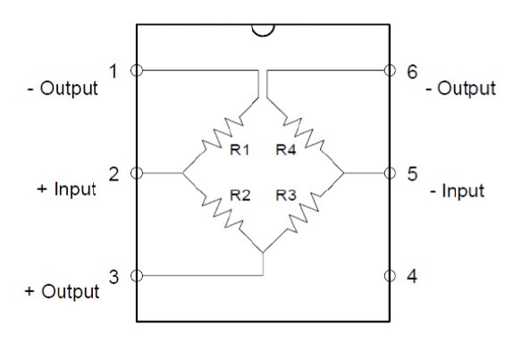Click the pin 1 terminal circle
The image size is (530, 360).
pos(137,71)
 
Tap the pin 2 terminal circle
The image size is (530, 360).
pos(137,173)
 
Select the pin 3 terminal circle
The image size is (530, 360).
pos(137,275)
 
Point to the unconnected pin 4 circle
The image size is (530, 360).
pos(390,275)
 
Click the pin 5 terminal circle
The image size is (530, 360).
pos(390,173)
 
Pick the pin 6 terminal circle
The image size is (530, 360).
pos(390,71)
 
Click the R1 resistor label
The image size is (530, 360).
pos(240,149)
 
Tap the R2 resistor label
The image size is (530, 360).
pos(240,196)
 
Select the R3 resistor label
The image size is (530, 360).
pos(286,196)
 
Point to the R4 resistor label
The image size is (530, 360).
pos(286,149)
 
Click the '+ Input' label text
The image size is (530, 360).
pos(67,189)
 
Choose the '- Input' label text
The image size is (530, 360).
pos(458,191)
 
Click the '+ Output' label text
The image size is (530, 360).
pos(63,291)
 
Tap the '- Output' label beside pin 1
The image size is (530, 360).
pos(63,88)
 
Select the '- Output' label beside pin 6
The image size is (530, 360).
pos(461,88)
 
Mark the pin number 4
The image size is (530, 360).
pos(412,276)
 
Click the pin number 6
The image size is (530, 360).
pos(412,71)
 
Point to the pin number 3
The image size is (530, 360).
pos(114,277)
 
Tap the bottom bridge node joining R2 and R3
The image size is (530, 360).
pos(263,253)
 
